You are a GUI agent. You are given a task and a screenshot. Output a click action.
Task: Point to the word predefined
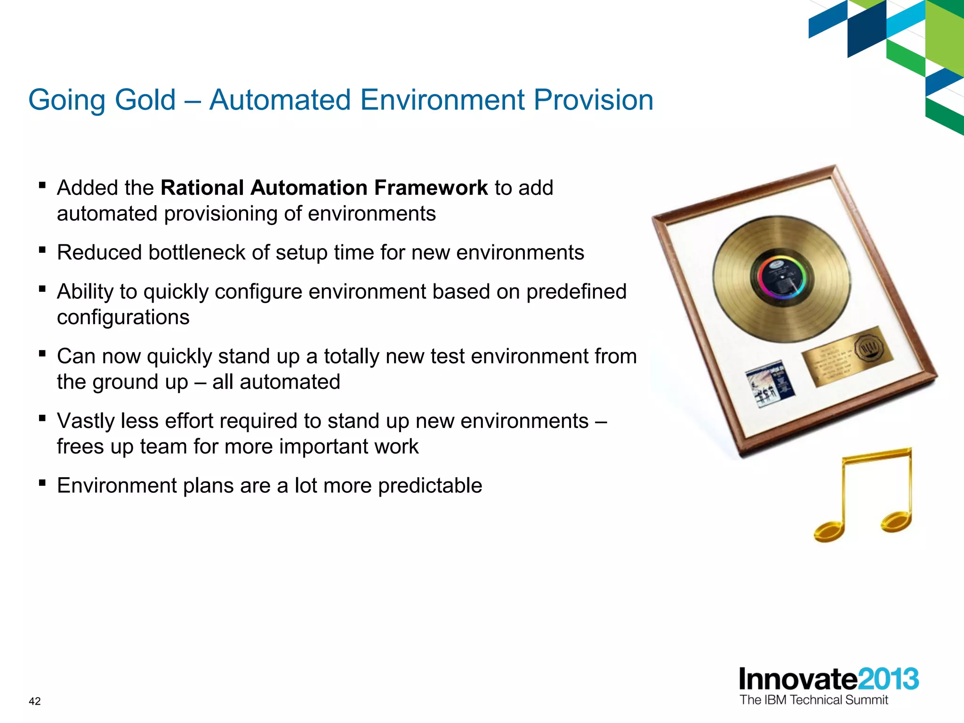coord(576,292)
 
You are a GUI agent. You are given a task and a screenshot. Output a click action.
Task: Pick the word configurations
coord(123,317)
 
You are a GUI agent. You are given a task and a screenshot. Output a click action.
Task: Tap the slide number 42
coord(34,701)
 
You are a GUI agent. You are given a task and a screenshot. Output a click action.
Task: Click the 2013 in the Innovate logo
coord(888,679)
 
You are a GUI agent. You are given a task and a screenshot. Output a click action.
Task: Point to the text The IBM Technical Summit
coord(813,700)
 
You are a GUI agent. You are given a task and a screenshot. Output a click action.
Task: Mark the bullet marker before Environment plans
coord(42,482)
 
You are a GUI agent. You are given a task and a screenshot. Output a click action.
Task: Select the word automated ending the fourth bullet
coord(289,382)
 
